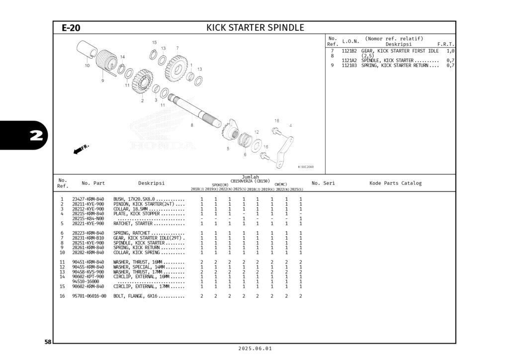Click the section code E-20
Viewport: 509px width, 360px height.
(71, 28)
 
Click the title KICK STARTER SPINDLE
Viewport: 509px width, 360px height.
(255, 28)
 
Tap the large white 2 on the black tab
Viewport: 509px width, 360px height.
(35, 136)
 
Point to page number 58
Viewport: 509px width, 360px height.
(48, 342)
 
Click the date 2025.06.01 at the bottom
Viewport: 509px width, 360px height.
(254, 349)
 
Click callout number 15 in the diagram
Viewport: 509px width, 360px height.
(154, 43)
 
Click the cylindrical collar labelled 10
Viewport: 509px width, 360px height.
(88, 51)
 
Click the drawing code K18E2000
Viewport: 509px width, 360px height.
(305, 167)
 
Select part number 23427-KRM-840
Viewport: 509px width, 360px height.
(88, 199)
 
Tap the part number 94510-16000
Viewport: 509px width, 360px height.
(85, 281)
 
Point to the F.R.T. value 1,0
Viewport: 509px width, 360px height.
(450, 51)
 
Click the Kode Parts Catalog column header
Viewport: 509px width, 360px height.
(395, 183)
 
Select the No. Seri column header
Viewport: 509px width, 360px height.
(323, 183)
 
